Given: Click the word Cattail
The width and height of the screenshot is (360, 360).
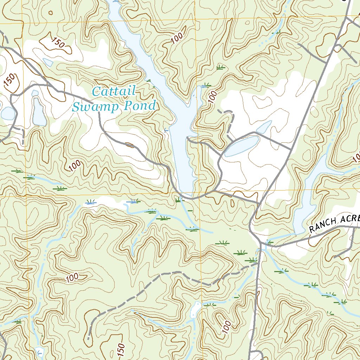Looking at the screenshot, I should click(x=114, y=92).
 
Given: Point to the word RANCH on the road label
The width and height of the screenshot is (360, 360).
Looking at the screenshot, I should click(x=323, y=225).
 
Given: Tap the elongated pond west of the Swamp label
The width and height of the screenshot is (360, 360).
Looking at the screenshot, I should click(x=39, y=112).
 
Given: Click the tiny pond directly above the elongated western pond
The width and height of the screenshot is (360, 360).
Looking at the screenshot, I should click(x=35, y=93).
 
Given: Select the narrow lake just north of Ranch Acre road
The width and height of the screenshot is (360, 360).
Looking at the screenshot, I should click(x=306, y=197).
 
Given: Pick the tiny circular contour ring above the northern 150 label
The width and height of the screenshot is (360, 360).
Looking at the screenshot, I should click(x=51, y=13).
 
